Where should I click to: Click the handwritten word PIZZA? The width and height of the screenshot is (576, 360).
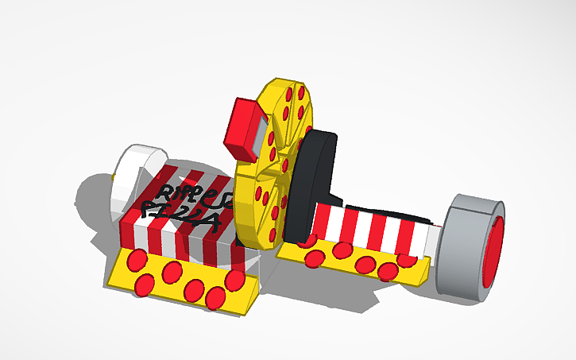172,210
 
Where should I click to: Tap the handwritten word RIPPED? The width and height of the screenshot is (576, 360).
191,192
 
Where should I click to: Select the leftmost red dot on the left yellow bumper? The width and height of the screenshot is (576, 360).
137,259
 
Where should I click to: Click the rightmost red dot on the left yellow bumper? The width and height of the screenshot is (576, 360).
235,280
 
